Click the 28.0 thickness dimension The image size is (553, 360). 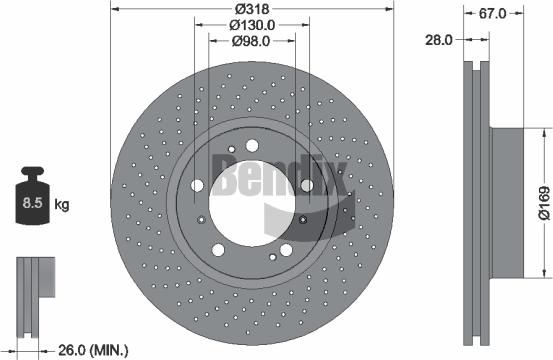coord(440,39)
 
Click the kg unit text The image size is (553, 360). coord(62,206)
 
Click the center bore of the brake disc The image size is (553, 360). coord(247,200)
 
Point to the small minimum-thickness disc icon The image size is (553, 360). coord(32,280)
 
